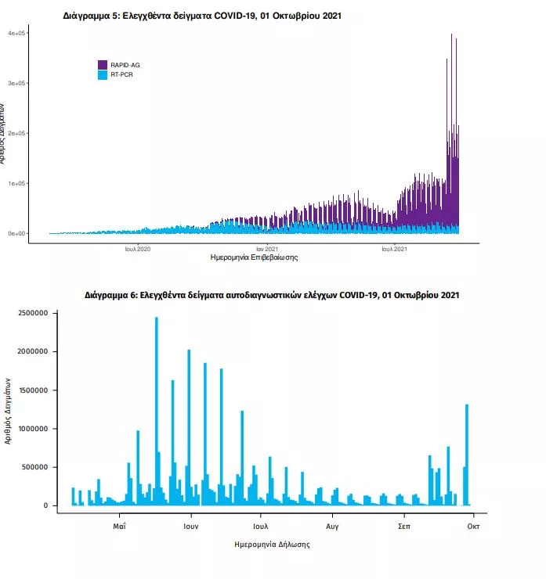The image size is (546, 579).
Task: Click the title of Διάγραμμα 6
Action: point(272,296)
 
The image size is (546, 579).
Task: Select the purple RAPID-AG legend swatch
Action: point(103,65)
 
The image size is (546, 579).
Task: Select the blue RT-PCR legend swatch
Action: point(103,75)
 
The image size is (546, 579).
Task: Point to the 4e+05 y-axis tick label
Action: point(17,34)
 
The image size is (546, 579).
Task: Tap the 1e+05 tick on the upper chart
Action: point(17,183)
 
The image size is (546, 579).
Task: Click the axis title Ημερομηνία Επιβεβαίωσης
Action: point(255,257)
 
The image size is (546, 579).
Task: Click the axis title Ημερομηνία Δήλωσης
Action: point(272,544)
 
